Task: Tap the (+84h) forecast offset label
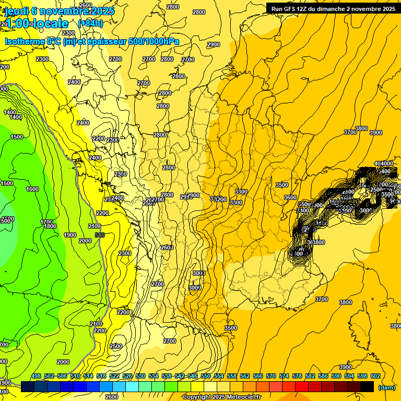[x=90, y=23]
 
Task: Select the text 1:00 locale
[x=37, y=23]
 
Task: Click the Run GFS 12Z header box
[x=333, y=8]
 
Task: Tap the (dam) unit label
[x=386, y=387]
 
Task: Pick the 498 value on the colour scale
[x=36, y=376]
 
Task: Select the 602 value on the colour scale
[x=375, y=376]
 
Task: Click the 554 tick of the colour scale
[x=218, y=376]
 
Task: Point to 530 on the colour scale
[x=140, y=376]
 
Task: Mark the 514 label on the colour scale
[x=88, y=376]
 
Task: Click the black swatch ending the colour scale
[x=367, y=386]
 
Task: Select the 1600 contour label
[x=32, y=189]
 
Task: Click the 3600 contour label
[x=290, y=197]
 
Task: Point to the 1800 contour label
[x=50, y=226]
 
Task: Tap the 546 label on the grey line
[x=100, y=235]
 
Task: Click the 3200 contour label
[x=220, y=199]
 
